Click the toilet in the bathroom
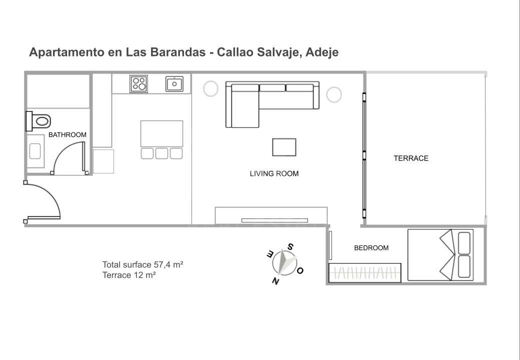point(40,120)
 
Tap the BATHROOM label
point(67,135)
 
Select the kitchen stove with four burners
point(138,83)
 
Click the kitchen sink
point(174,83)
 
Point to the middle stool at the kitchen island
point(161,153)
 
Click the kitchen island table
point(161,133)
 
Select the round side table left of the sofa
point(210,89)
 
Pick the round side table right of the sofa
point(333,94)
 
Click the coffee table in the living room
point(284,147)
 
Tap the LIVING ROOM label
point(274,174)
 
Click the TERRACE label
point(411,158)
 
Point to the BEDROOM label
point(371,248)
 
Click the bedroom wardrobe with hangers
point(364,272)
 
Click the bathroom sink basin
point(35,150)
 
